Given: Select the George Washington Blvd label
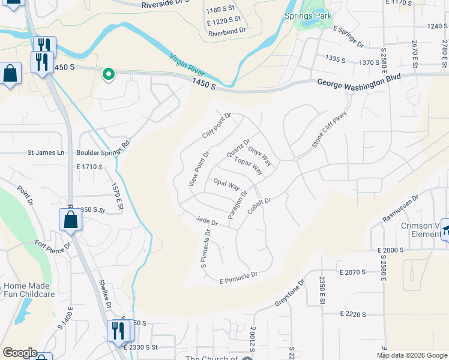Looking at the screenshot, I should (x=358, y=85).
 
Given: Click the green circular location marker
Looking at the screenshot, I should (x=109, y=74).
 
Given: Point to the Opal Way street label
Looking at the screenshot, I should (x=226, y=184).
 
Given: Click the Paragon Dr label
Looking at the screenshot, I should (x=238, y=204).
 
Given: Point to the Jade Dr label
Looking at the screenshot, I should (x=206, y=221).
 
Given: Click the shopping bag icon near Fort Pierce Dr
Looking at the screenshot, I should (x=70, y=220).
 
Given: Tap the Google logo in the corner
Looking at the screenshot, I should (x=20, y=353).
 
